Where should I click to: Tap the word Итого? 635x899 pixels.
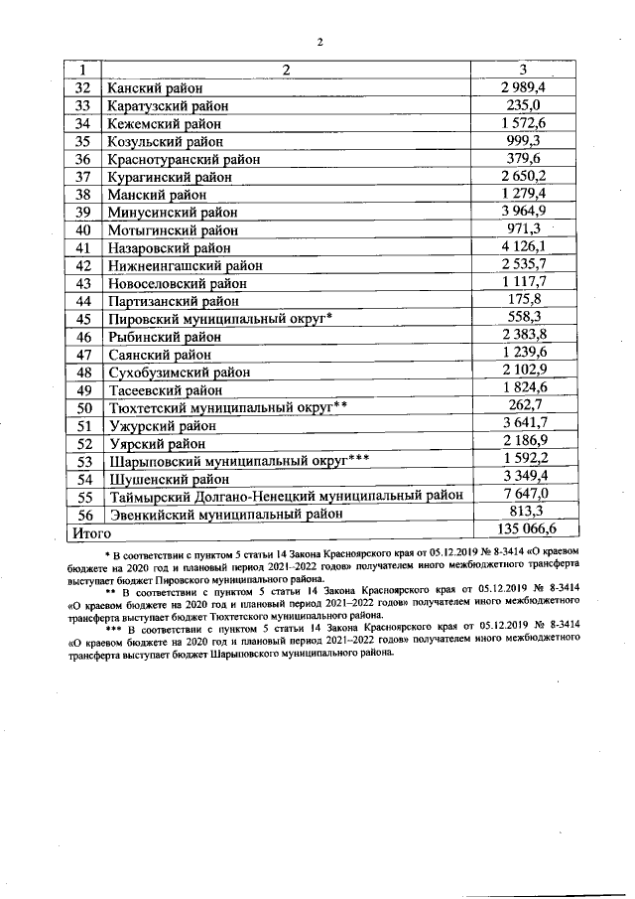87,532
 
